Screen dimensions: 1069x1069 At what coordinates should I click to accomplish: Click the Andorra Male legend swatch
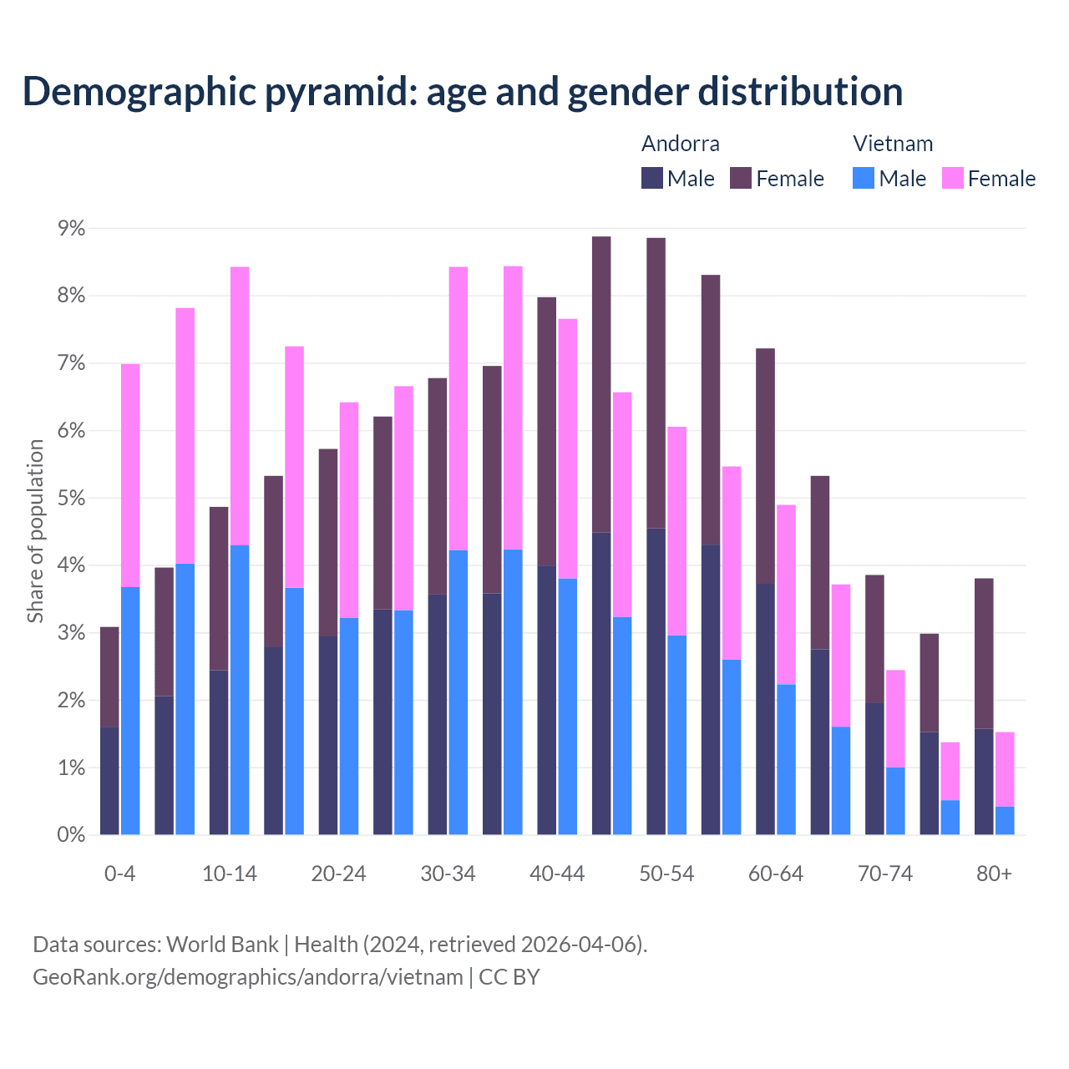[x=652, y=178]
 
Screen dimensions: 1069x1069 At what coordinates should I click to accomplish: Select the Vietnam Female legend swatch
[x=953, y=178]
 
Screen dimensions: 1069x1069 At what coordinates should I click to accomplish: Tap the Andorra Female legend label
[x=789, y=179]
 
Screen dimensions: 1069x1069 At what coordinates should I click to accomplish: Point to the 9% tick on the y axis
[x=70, y=229]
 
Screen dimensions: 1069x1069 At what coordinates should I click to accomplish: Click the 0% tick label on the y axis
[x=70, y=834]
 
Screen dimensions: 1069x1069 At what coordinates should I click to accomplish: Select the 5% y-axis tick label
[x=70, y=499]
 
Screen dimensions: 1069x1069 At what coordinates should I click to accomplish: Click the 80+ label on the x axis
[x=994, y=874]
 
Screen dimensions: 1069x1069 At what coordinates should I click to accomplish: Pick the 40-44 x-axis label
[x=557, y=874]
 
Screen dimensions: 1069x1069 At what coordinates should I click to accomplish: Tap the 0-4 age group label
[x=119, y=874]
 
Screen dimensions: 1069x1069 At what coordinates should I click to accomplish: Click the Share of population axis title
[x=35, y=531]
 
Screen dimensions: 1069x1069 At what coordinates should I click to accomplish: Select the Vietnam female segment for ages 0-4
[x=130, y=476]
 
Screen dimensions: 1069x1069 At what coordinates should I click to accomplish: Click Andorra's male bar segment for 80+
[x=984, y=782]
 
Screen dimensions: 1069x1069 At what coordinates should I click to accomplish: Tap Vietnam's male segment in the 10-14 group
[x=240, y=690]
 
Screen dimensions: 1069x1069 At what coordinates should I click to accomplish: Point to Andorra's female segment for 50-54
[x=656, y=383]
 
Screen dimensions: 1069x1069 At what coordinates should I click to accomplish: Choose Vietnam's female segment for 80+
[x=1005, y=769]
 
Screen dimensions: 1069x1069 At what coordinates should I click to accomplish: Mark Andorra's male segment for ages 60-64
[x=765, y=709]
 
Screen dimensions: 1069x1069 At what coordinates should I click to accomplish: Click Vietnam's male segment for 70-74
[x=895, y=801]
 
